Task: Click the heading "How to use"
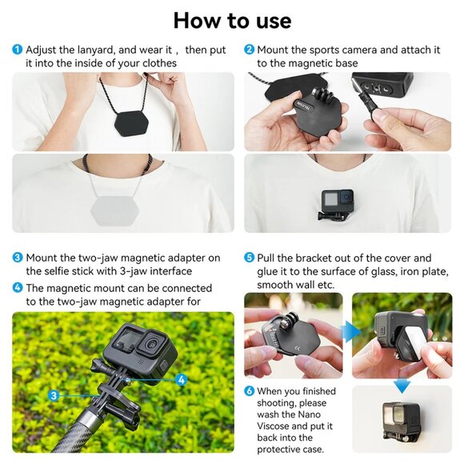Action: point(232,20)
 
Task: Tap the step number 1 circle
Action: point(17,50)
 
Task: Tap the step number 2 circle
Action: point(249,50)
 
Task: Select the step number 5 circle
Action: point(249,258)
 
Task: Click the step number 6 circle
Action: point(249,391)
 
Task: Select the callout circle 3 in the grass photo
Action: point(54,395)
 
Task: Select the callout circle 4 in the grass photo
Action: point(182,380)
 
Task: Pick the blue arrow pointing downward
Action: point(402,386)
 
